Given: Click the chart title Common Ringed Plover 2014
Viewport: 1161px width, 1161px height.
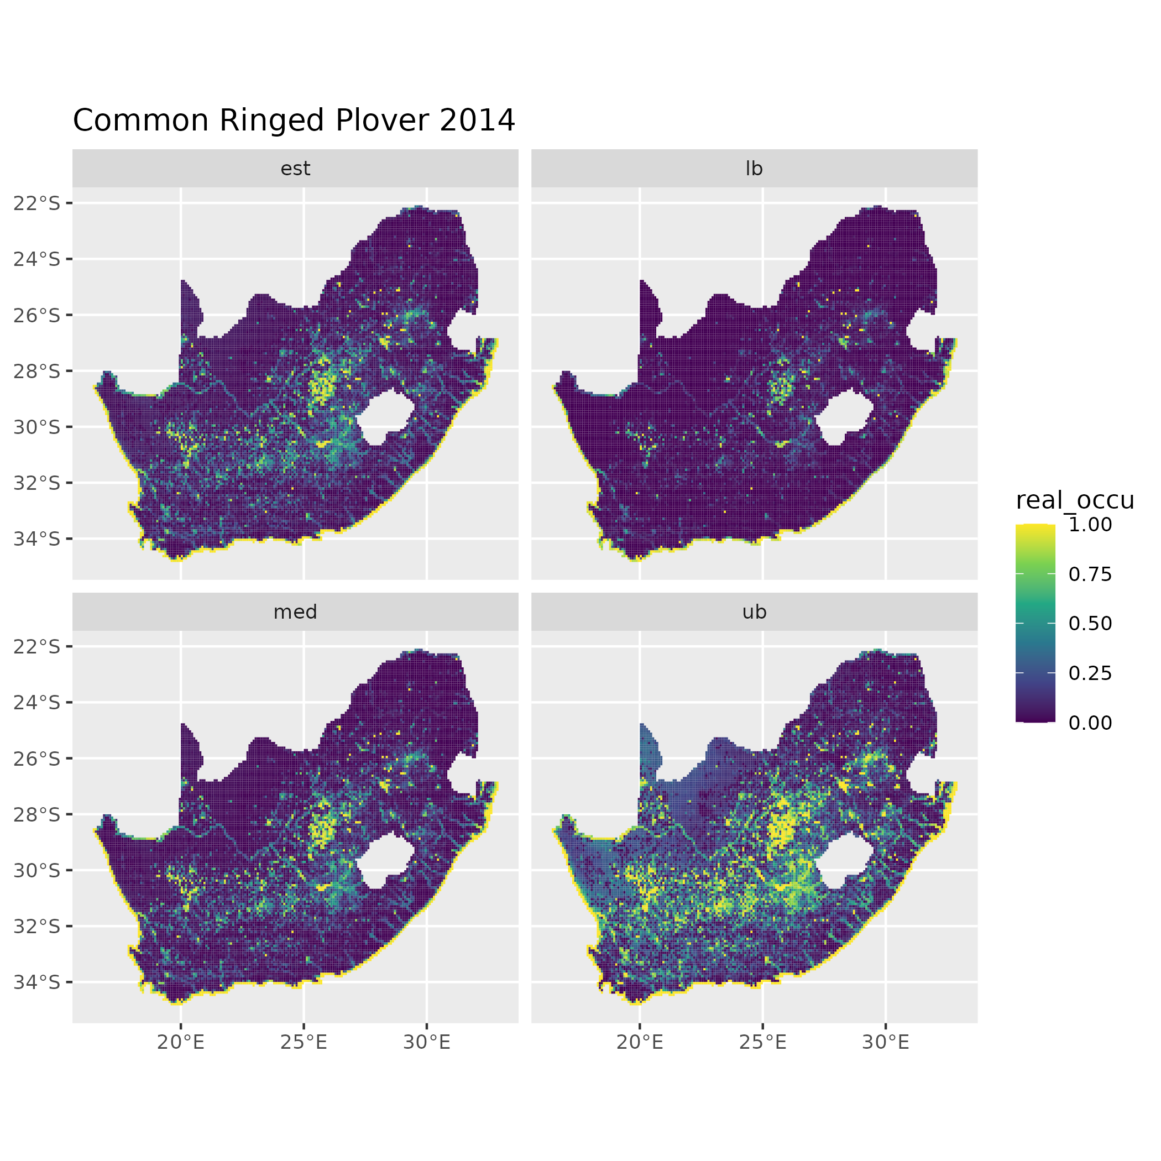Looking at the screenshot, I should click(x=294, y=120).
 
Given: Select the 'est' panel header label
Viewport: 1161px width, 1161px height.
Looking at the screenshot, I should click(x=295, y=169).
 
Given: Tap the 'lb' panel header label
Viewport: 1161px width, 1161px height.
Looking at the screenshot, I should click(x=754, y=169).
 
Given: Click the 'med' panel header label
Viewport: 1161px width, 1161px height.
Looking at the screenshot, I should click(x=295, y=612).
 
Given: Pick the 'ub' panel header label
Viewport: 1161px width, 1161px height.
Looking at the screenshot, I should click(x=754, y=612).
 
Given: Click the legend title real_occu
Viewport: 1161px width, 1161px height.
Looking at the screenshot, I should click(x=1074, y=500).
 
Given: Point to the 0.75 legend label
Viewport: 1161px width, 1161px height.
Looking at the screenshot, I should click(x=1090, y=574).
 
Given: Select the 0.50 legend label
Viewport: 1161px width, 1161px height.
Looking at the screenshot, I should click(x=1090, y=624).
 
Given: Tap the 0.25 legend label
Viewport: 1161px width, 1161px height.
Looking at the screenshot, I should click(x=1090, y=673).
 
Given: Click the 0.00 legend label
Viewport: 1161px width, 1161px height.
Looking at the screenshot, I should click(x=1090, y=723).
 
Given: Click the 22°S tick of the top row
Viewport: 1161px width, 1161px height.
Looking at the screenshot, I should click(x=37, y=203).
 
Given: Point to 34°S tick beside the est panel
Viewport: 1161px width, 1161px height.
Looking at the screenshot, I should click(x=37, y=539).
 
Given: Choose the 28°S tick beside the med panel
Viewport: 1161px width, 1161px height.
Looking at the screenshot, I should click(x=37, y=814).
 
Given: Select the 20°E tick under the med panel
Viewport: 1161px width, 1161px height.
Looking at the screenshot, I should click(x=181, y=1043).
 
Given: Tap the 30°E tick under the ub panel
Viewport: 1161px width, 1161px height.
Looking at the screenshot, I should click(x=886, y=1043).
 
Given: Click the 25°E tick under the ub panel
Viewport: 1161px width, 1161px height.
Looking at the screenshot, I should click(x=762, y=1043).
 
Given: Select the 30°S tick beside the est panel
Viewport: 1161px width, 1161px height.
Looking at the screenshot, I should click(x=37, y=427).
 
